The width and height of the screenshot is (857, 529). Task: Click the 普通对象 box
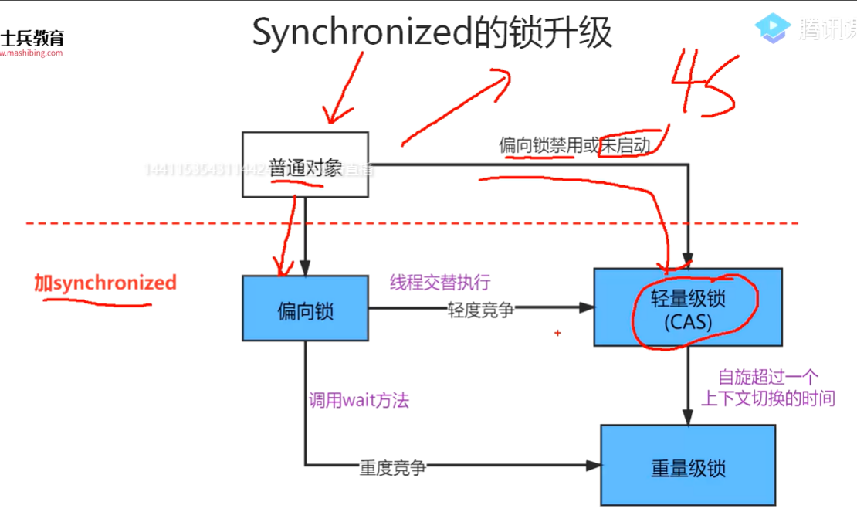305,164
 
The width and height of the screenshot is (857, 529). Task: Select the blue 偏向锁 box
305,308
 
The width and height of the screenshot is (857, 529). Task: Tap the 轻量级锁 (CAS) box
687,307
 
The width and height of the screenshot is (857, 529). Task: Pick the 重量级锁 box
687,465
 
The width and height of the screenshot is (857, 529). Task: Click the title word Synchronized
362,33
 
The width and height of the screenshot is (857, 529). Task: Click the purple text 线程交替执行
440,283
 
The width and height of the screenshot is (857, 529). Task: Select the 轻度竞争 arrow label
481,309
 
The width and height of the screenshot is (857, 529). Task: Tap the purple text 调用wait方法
358,400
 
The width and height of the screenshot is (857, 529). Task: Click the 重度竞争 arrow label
393,467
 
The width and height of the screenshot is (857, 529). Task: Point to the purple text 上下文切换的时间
767,398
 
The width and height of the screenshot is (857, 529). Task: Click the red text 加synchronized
105,283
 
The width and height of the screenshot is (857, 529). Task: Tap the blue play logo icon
773,29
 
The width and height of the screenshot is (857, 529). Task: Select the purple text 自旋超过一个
767,378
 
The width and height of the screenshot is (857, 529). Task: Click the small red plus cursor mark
557,334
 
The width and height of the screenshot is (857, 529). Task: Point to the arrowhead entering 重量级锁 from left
594,465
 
